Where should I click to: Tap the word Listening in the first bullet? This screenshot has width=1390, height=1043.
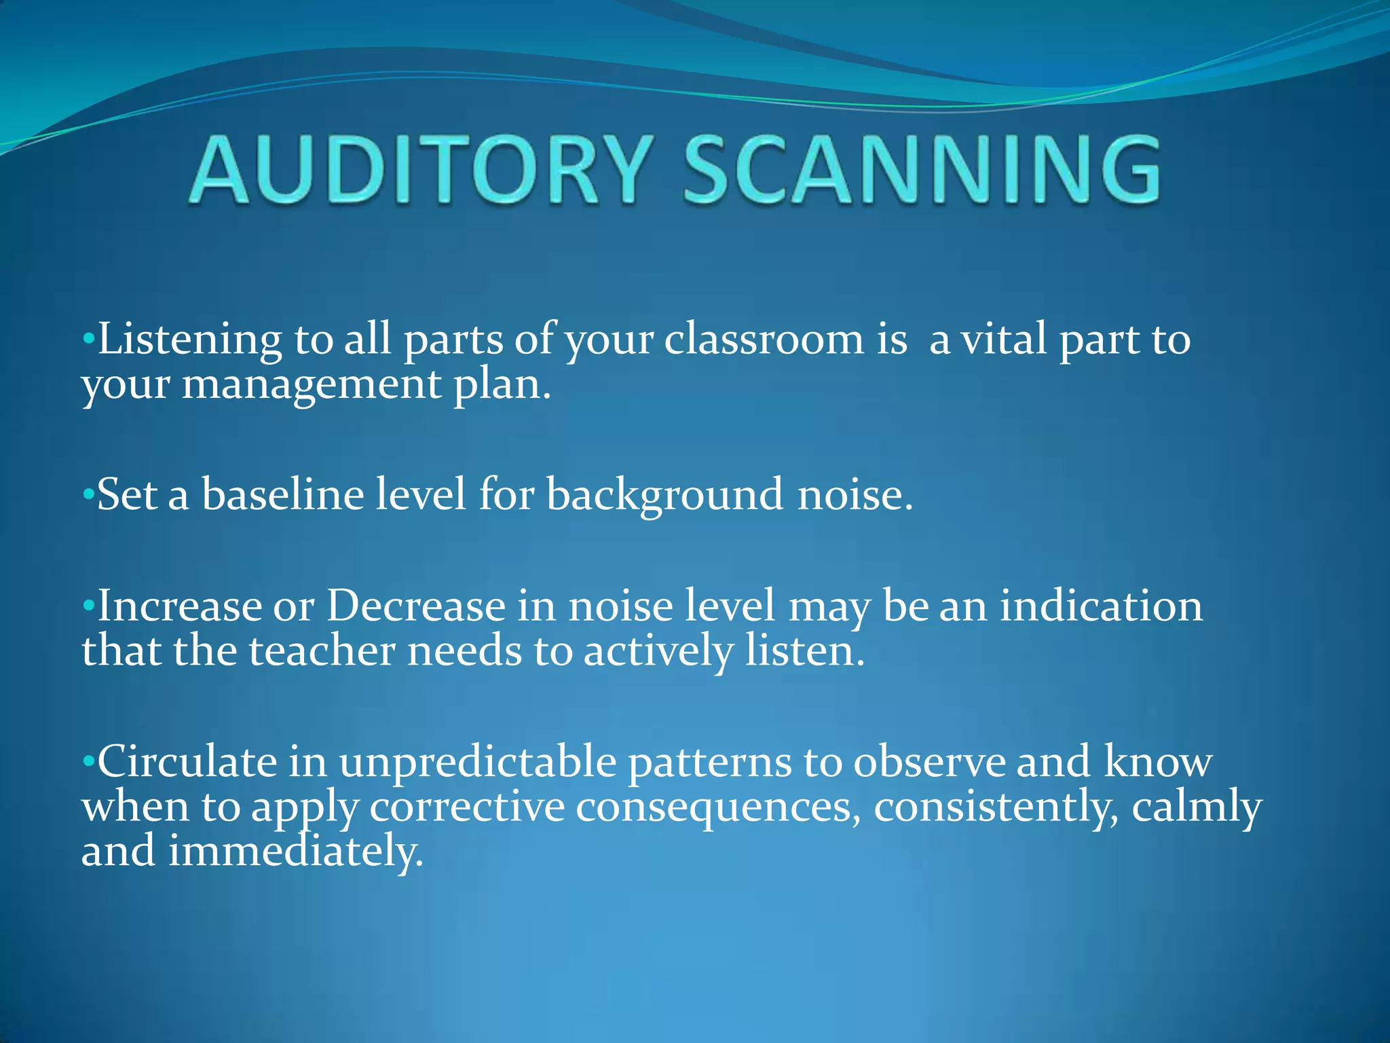(189, 340)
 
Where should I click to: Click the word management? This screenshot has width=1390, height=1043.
(312, 384)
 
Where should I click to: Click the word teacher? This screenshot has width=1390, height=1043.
(322, 650)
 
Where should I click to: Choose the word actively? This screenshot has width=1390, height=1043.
(658, 651)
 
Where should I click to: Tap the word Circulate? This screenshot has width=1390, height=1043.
(187, 761)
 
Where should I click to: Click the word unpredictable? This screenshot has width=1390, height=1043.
(478, 763)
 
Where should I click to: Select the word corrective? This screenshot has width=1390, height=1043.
(468, 807)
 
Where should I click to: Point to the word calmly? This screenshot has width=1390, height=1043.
(1197, 807)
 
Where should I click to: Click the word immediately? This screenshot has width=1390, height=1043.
(296, 852)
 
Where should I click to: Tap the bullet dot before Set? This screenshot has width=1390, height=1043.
(88, 495)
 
